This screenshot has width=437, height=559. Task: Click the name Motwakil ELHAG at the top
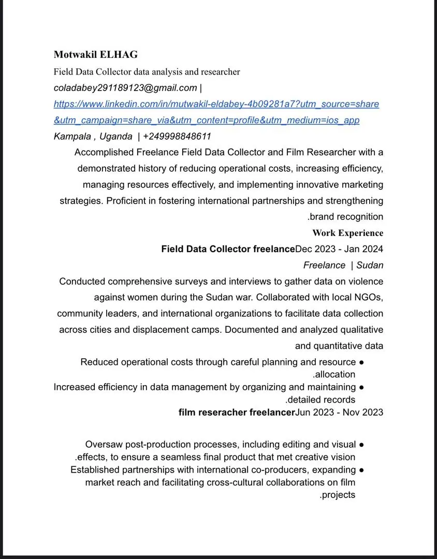point(96,55)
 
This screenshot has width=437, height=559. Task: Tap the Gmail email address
point(125,88)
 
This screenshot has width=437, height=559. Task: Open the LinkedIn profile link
point(216,104)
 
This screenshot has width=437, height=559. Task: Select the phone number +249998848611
point(177,137)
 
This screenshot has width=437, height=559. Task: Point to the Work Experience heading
point(347,233)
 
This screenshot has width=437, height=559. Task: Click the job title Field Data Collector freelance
point(228,249)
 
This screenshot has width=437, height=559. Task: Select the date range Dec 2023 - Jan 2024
point(339,249)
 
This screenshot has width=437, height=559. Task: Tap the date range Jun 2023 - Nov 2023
point(339,412)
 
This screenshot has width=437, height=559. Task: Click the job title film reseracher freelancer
point(237,412)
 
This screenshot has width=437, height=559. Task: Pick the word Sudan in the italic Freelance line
point(370,266)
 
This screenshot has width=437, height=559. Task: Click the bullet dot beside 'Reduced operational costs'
point(362,362)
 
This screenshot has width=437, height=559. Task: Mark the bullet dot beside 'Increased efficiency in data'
point(362,387)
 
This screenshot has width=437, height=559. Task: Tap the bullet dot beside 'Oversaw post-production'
point(362,445)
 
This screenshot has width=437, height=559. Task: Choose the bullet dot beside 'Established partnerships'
point(362,470)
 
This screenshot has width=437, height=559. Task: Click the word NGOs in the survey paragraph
point(368,298)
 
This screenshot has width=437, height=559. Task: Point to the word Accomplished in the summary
point(104,152)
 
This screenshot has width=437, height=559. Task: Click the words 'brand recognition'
point(347,217)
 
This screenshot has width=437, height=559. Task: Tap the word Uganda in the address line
point(115,137)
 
